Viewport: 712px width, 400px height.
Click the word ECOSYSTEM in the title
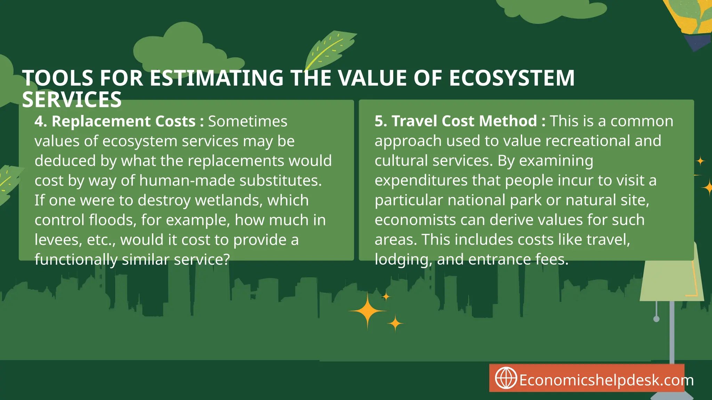[x=512, y=78]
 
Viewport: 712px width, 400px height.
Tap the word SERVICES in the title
[x=72, y=100]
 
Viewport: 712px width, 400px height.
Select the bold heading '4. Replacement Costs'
[x=115, y=122]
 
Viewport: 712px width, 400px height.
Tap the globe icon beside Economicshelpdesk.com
[x=505, y=378]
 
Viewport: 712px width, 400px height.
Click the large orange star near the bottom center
[x=368, y=310]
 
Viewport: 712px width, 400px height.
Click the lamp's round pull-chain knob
[x=656, y=319]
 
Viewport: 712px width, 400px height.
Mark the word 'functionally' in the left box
[x=76, y=260]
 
